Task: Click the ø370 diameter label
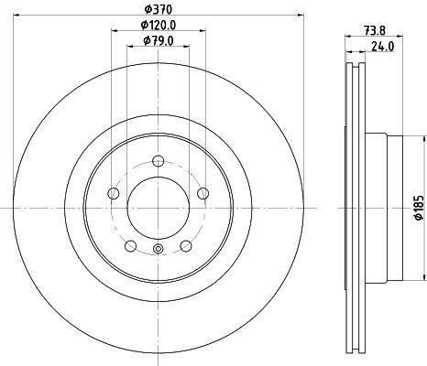pos(159,9)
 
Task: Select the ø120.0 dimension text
pos(159,25)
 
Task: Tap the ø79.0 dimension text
pos(159,40)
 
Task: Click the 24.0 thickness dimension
pos(383,47)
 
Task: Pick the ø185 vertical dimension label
pos(419,208)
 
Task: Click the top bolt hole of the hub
pos(159,161)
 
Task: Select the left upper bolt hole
pos(114,193)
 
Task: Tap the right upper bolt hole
pos(203,193)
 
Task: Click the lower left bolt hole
pos(131,246)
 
